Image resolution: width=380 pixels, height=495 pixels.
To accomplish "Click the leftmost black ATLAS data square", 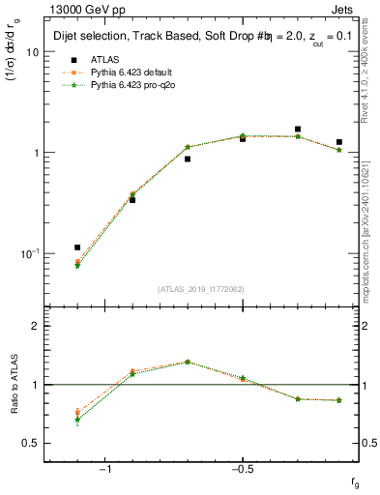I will (77, 247).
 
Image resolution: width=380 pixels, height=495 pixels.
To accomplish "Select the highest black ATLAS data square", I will (298, 129).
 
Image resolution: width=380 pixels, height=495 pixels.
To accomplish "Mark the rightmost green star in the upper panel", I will (338, 150).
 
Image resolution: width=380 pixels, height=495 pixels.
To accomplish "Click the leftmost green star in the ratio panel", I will (77, 420).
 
